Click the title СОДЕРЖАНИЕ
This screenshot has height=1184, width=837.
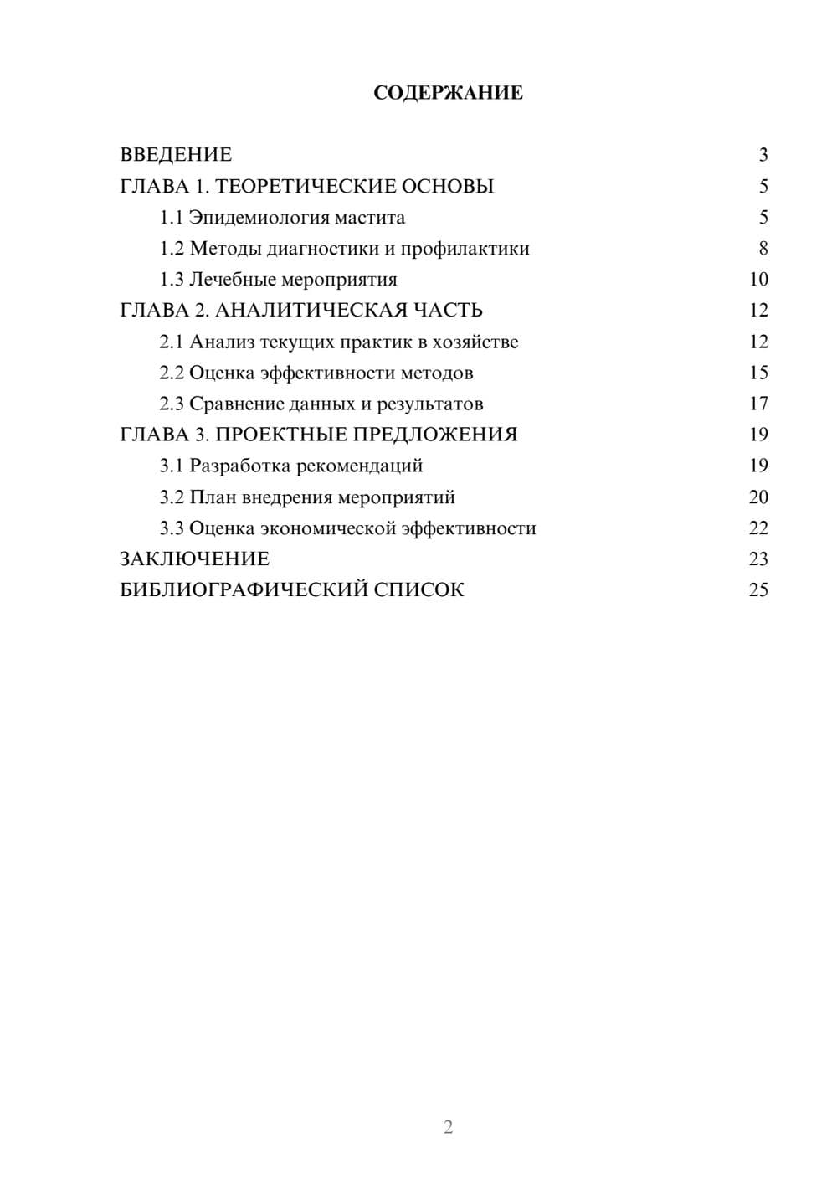pyautogui.click(x=448, y=93)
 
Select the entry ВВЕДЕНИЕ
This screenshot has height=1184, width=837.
pyautogui.click(x=176, y=155)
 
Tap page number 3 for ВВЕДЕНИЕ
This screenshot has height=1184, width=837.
pyautogui.click(x=763, y=155)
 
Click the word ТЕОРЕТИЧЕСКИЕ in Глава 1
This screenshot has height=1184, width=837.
pyautogui.click(x=306, y=186)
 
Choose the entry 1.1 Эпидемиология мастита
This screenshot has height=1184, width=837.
pyautogui.click(x=282, y=218)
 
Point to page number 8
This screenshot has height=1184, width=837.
pyautogui.click(x=763, y=249)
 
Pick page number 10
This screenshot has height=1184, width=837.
pyautogui.click(x=758, y=280)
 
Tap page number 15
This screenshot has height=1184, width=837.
pyautogui.click(x=758, y=373)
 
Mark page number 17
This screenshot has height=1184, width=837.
pyautogui.click(x=758, y=404)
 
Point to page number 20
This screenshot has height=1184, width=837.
pyautogui.click(x=758, y=497)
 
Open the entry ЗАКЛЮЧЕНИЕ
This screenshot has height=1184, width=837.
pyautogui.click(x=194, y=559)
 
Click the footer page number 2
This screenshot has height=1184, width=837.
pyautogui.click(x=448, y=1127)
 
